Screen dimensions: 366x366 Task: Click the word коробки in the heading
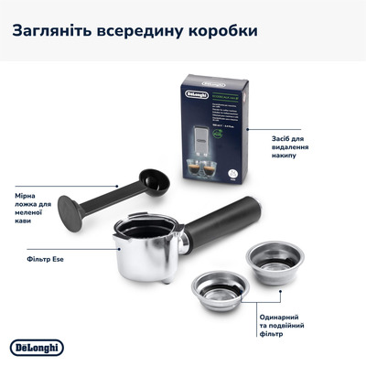tap(220, 30)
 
